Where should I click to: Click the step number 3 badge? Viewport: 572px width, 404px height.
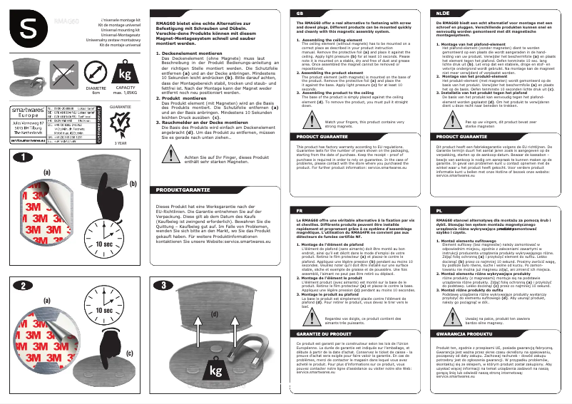tap(165, 285)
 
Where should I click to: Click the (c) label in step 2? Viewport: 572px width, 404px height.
tap(129, 372)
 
